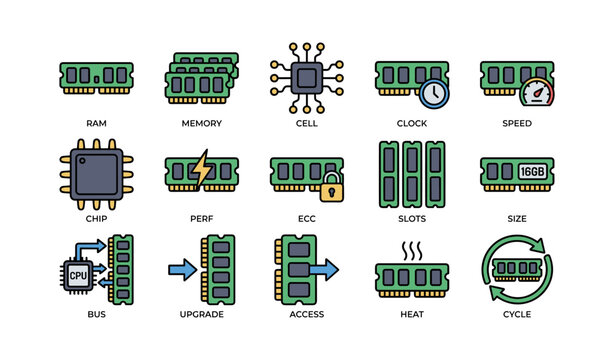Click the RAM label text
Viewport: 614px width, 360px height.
[96, 123]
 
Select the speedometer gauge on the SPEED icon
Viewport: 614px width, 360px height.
[538, 93]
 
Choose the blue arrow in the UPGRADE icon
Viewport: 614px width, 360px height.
[182, 268]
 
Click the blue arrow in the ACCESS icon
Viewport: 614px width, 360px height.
[323, 268]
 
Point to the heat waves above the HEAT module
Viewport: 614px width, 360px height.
[411, 249]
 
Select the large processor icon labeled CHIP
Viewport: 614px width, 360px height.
[96, 168]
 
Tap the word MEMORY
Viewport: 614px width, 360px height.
[201, 123]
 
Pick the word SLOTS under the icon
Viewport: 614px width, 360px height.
[411, 219]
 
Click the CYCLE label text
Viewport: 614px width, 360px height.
[517, 314]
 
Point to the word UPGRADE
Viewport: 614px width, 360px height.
[201, 314]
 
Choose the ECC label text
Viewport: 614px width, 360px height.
[306, 219]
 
